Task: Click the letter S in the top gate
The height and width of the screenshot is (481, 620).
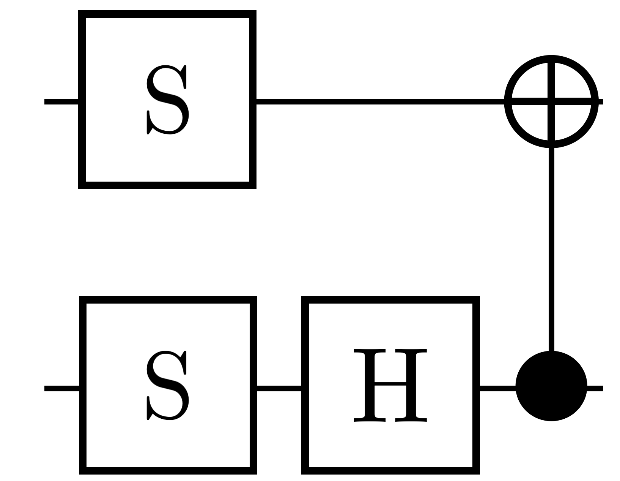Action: [x=167, y=100]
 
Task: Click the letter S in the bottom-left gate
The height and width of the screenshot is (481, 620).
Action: [x=167, y=385]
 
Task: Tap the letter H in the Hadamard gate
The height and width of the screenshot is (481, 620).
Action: [x=390, y=385]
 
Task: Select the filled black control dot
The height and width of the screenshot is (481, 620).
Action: [x=551, y=386]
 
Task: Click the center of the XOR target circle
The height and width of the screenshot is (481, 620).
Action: [x=551, y=101]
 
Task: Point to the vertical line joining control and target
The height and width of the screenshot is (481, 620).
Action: [x=551, y=247]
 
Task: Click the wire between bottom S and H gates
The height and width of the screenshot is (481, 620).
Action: [x=279, y=388]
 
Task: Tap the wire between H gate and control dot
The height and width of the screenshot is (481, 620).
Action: [x=497, y=388]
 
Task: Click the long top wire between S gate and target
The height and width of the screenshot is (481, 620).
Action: [x=379, y=101]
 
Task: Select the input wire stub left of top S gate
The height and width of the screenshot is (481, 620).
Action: [x=61, y=101]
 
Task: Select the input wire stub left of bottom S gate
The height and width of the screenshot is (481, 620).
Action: [x=61, y=388]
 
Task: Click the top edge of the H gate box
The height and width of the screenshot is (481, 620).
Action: [x=390, y=300]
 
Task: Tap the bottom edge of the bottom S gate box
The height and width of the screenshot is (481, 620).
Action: [x=168, y=470]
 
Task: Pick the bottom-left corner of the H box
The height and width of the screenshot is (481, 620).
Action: [x=305, y=470]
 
